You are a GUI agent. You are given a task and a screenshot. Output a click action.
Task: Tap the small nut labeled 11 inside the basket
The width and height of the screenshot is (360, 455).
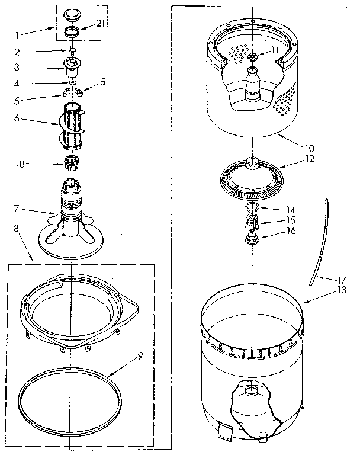coord(252,56)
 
